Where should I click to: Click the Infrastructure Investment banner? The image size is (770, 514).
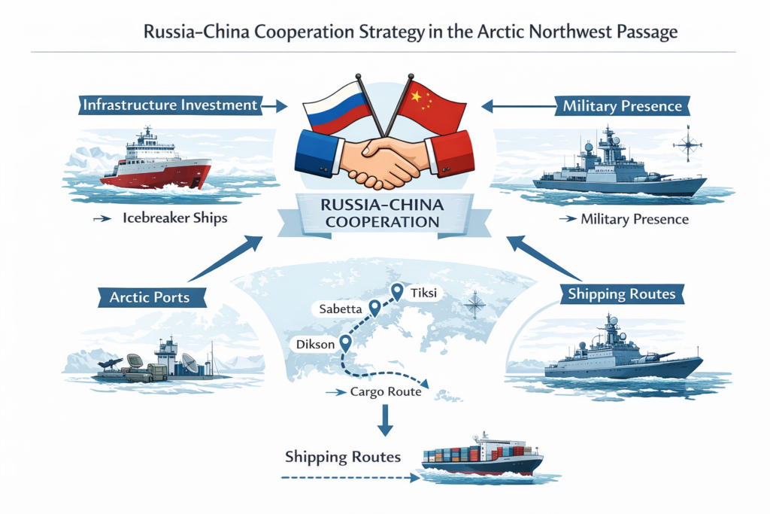(x=170, y=105)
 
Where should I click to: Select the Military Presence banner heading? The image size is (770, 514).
(x=622, y=107)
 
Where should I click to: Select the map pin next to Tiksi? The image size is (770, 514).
(x=397, y=290)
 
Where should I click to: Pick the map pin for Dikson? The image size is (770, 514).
(x=346, y=343)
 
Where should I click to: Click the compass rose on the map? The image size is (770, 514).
(x=474, y=304)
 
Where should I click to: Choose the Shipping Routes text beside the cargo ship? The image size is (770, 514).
(x=343, y=457)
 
